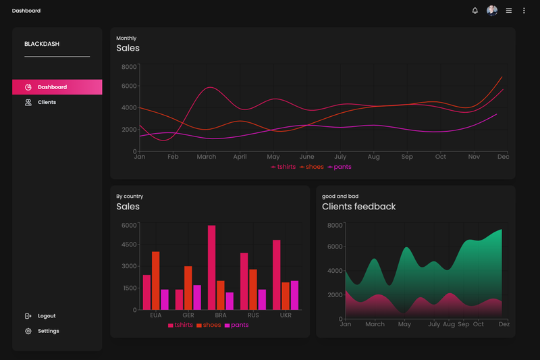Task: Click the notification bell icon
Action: point(475,11)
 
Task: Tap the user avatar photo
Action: point(492,11)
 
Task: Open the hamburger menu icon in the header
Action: point(509,11)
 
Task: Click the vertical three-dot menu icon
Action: point(524,11)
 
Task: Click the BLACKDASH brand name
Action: point(42,44)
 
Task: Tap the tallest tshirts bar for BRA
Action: point(211,267)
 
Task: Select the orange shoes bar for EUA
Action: point(156,281)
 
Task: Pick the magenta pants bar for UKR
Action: point(294,295)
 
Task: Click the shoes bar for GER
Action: point(188,288)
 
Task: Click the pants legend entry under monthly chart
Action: point(340,167)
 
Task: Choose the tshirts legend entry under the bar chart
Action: point(180,325)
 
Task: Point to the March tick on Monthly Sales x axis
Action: point(207,157)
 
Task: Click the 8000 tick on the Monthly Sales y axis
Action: point(129,67)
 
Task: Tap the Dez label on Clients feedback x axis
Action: point(504,324)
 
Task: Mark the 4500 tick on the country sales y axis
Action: point(129,245)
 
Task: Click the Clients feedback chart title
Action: point(359,207)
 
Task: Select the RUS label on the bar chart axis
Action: point(253,315)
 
